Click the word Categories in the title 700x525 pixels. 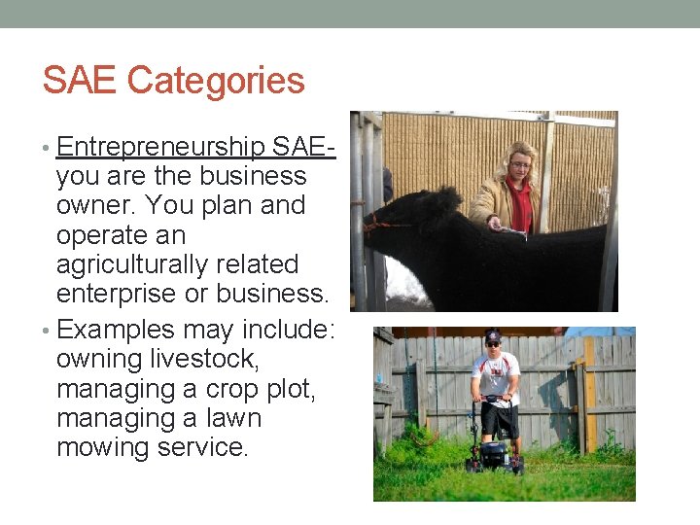click(x=216, y=82)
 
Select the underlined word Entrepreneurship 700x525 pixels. click(x=160, y=147)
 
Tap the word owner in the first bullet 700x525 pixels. click(x=95, y=206)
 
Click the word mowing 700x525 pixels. click(x=106, y=447)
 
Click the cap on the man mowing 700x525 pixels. click(x=493, y=336)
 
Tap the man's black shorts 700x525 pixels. click(x=498, y=419)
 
